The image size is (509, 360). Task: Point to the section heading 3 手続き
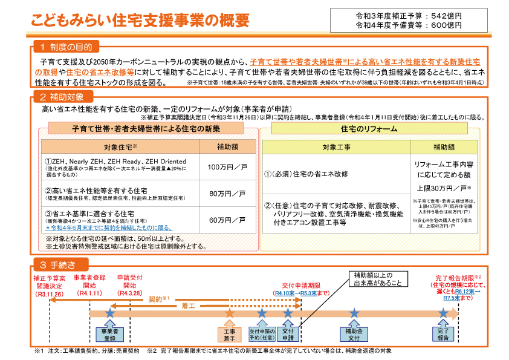coord(57,264)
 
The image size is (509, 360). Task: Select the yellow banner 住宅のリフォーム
coord(369,129)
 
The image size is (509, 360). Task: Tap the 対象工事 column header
coord(337,147)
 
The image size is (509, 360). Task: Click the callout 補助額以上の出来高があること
coord(378,279)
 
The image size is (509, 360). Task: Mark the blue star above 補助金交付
coord(354,313)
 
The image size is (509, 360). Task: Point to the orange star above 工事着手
coord(229,313)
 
